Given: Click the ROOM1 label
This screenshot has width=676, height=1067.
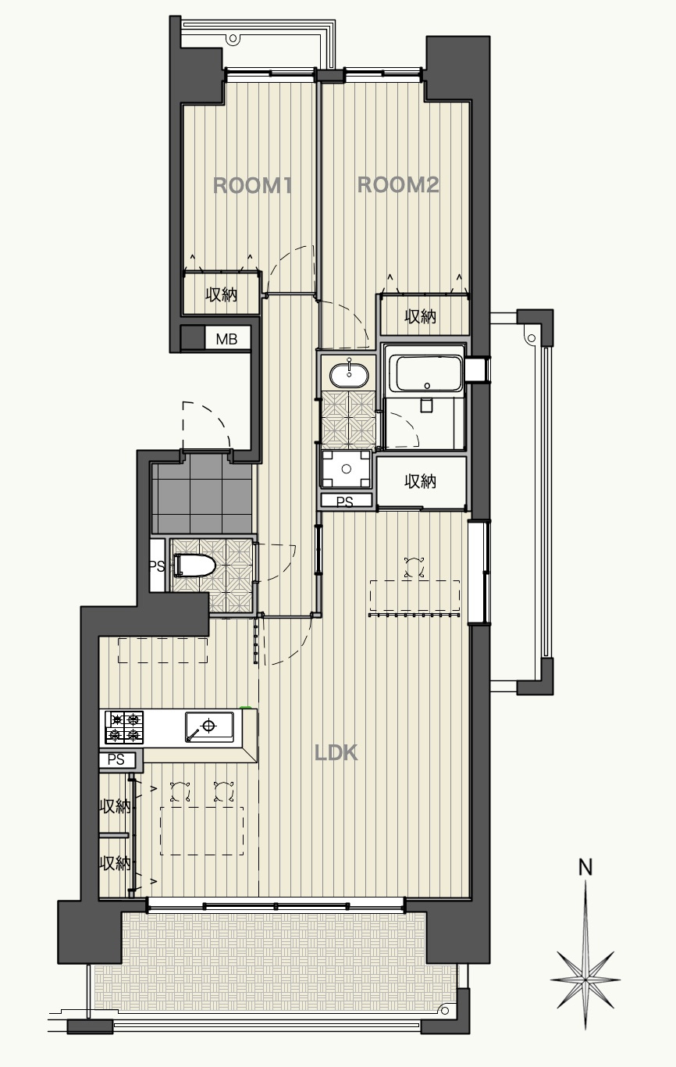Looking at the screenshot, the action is coord(252,185).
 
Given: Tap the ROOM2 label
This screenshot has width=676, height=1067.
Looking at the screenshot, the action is coord(398,185).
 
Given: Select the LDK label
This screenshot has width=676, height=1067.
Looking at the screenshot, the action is coord(336,753).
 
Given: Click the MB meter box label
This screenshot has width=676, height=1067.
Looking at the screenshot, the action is coord(226,339).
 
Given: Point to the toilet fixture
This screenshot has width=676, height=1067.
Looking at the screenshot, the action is coord(194,566).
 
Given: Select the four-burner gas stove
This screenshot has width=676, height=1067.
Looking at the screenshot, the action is coord(124,727).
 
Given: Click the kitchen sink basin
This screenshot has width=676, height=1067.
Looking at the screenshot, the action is coord(209,726).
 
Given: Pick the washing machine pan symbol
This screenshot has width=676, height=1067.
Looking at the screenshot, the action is coord(346,469).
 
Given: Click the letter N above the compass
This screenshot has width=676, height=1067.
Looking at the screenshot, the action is coord(585,867).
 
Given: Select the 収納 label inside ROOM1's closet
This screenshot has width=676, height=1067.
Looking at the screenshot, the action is coord(222,294).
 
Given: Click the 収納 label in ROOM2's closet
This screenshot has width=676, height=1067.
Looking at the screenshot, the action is coord(421,316).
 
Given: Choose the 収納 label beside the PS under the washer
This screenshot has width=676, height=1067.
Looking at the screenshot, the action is coord(421,481).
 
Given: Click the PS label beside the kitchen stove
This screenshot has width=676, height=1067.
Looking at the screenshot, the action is coord(116,759).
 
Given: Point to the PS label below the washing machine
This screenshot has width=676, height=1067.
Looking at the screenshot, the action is coord(345,501).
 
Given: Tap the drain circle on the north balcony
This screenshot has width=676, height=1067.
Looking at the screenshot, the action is coord(233,38).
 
